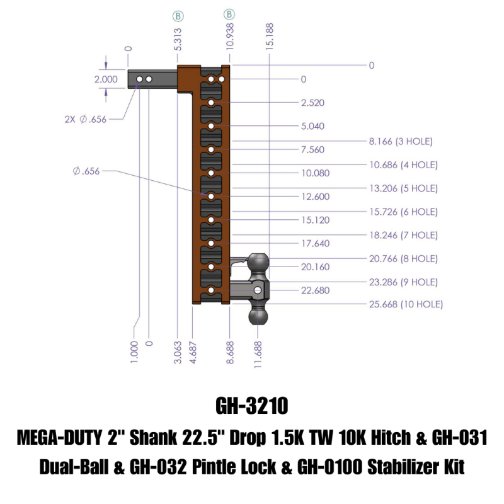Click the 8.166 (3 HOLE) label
pyautogui.click(x=401, y=141)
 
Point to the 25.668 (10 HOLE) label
pyautogui.click(x=406, y=304)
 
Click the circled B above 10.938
pyautogui.click(x=230, y=14)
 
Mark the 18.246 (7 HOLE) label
pyautogui.click(x=403, y=235)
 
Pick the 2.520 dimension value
pyautogui.click(x=313, y=103)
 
